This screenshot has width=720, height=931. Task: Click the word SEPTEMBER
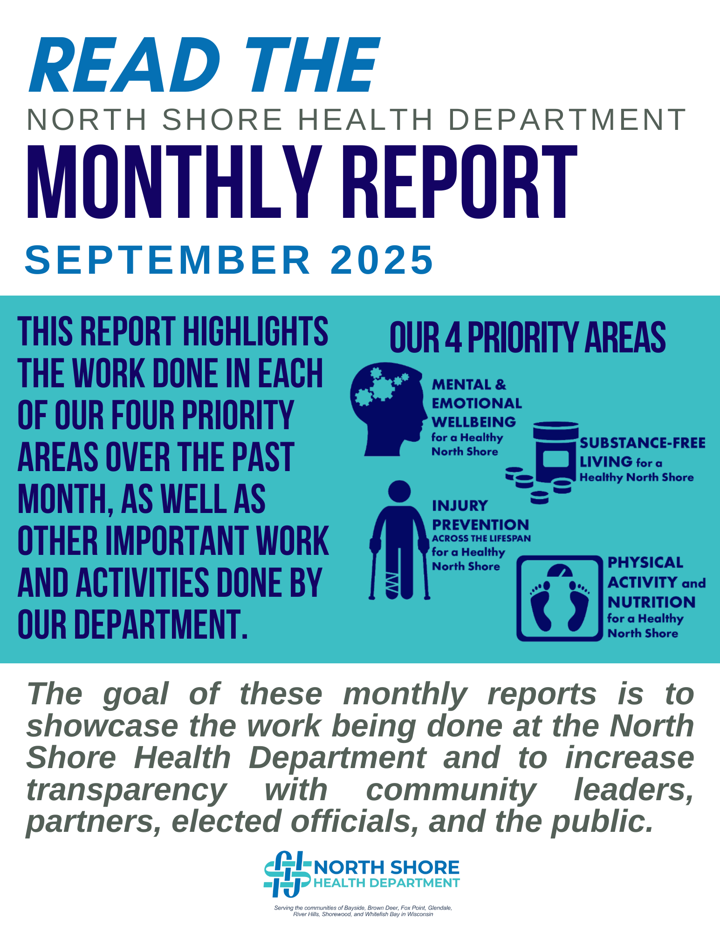168,259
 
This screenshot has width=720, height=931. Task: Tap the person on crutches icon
399,540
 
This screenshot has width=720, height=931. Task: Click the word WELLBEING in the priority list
473,422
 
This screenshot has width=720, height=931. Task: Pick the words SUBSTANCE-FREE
643,443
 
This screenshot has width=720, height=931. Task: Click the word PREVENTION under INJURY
480,525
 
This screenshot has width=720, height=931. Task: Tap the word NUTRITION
651,602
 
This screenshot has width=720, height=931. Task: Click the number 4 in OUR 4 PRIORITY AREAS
453,337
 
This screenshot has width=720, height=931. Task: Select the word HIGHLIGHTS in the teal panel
255,331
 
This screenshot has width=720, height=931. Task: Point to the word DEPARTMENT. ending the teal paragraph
160,624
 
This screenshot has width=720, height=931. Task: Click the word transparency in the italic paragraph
126,790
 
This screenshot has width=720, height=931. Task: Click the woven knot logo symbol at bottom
287,874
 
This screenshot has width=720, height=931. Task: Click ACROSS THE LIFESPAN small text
481,539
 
